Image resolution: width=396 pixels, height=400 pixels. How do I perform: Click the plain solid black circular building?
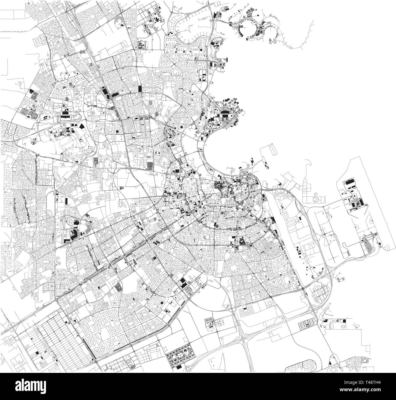(x=117, y=132)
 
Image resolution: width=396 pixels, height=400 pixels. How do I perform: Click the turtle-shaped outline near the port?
(x=316, y=199)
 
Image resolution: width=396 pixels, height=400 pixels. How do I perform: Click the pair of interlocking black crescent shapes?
(x=45, y=117)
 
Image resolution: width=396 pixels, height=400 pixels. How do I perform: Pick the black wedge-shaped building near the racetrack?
(x=82, y=126)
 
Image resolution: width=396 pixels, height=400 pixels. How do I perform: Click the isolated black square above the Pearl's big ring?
(x=258, y=15)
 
